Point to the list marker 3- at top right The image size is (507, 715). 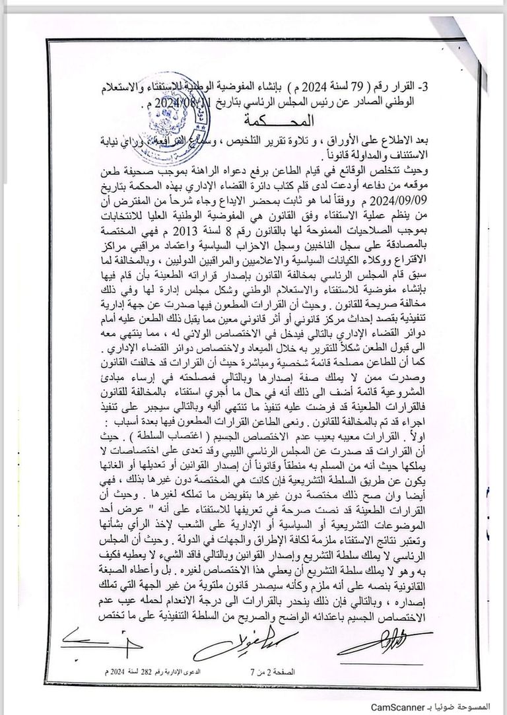pyautogui.click(x=422, y=87)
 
